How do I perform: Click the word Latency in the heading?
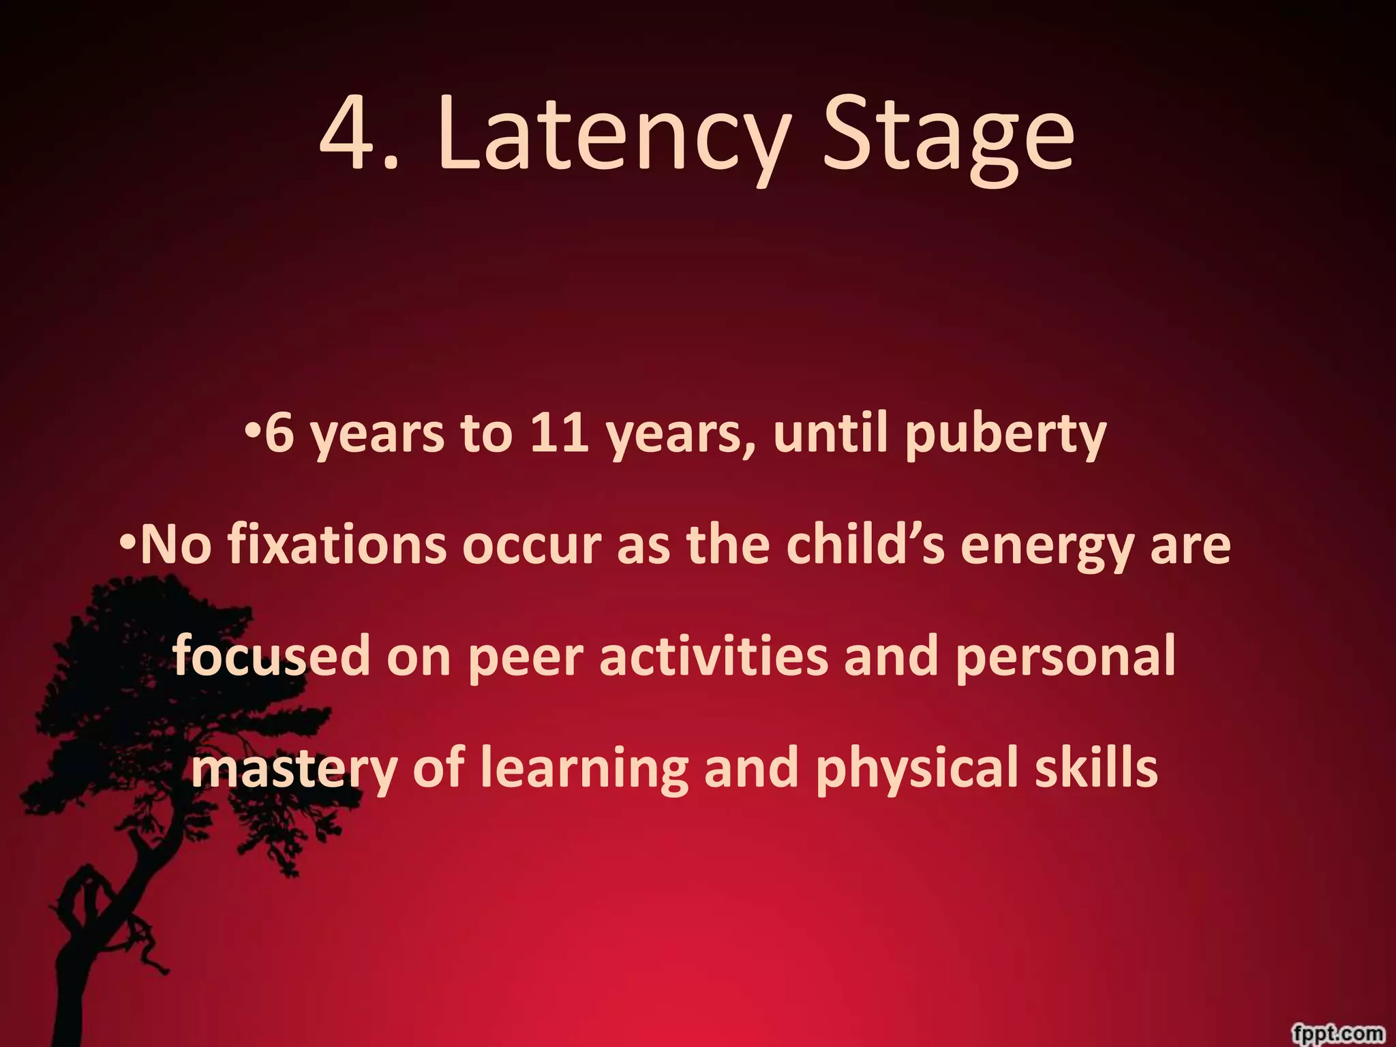[x=613, y=136]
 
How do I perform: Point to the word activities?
[x=713, y=656]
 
